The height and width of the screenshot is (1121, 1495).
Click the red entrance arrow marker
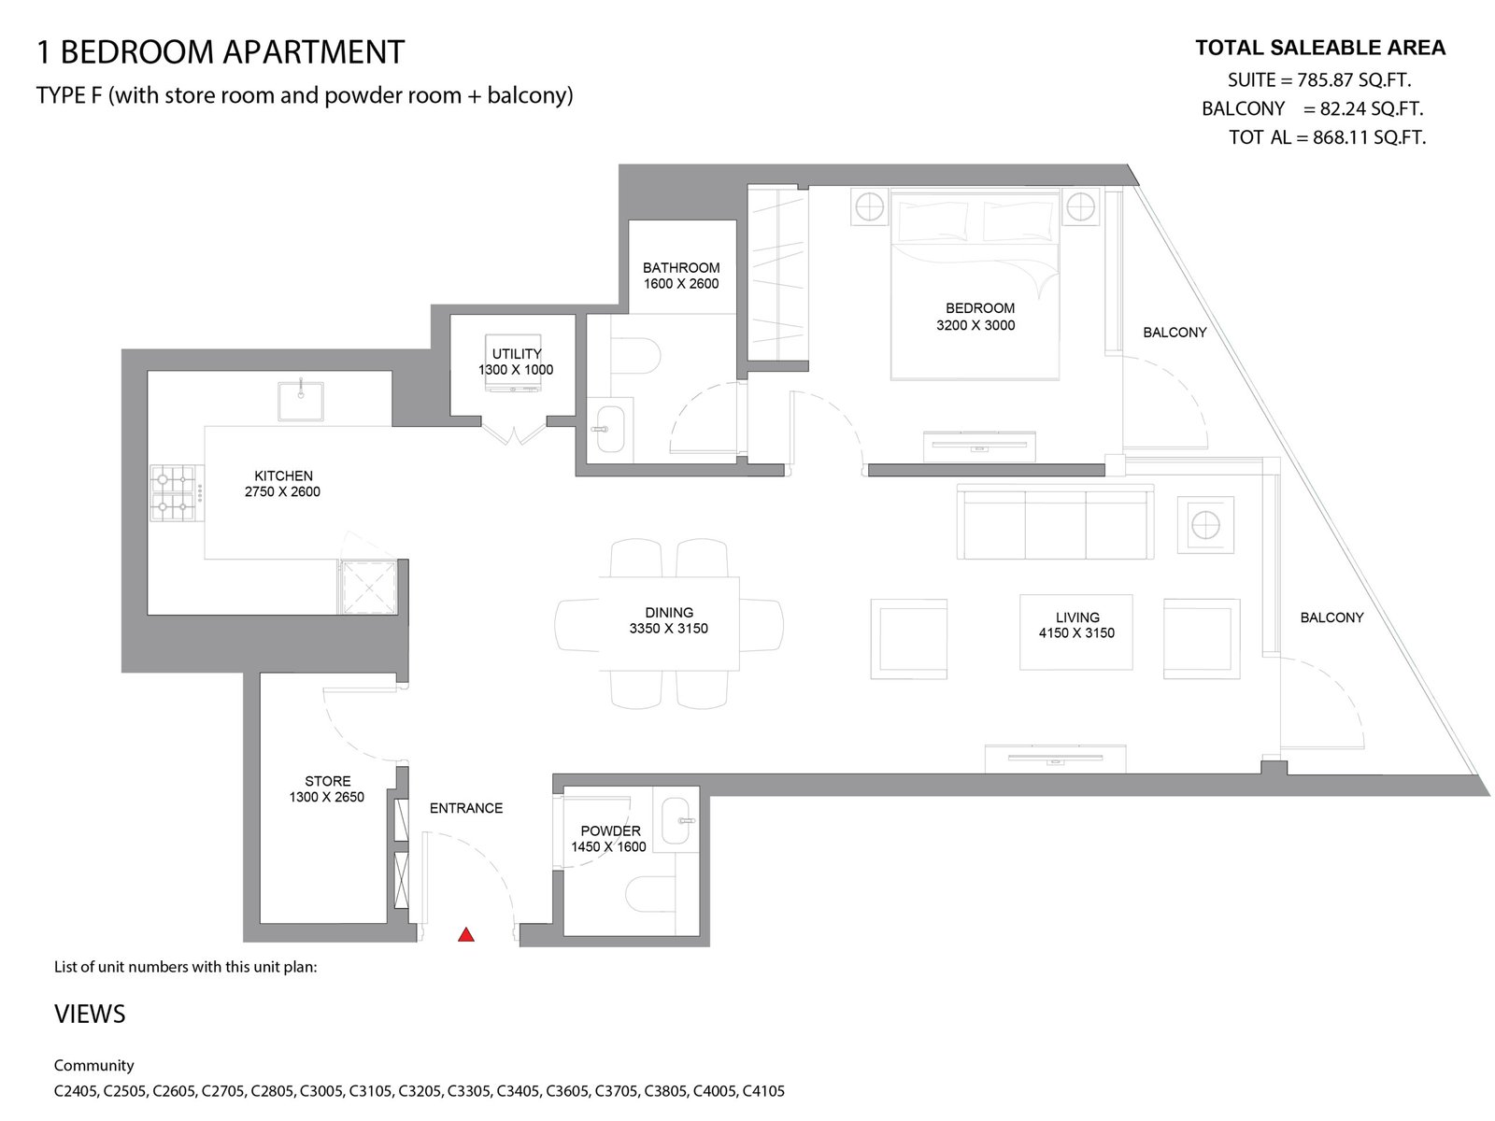point(466,935)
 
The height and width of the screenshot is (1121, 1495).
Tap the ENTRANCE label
point(466,808)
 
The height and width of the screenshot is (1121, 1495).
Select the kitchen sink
point(300,401)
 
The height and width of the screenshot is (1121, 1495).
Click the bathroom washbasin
point(609,430)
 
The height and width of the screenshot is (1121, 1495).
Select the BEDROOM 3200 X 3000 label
point(975,318)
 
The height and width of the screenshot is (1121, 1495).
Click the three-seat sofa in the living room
point(1055,521)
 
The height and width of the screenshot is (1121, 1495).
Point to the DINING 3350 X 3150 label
point(669,620)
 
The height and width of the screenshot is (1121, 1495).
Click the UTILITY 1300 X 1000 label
point(516,362)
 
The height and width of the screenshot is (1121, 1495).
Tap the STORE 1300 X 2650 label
point(327,788)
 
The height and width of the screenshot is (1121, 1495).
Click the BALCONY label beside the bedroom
point(1175,333)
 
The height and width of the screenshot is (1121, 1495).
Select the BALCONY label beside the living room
point(1332,617)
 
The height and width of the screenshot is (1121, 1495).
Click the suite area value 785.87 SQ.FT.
point(1354,80)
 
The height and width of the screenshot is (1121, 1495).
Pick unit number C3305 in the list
point(469,1091)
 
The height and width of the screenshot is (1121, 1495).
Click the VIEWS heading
point(90,1015)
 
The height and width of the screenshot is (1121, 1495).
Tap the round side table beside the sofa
point(1205,525)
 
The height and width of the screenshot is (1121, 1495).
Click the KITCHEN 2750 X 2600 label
point(283,483)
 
